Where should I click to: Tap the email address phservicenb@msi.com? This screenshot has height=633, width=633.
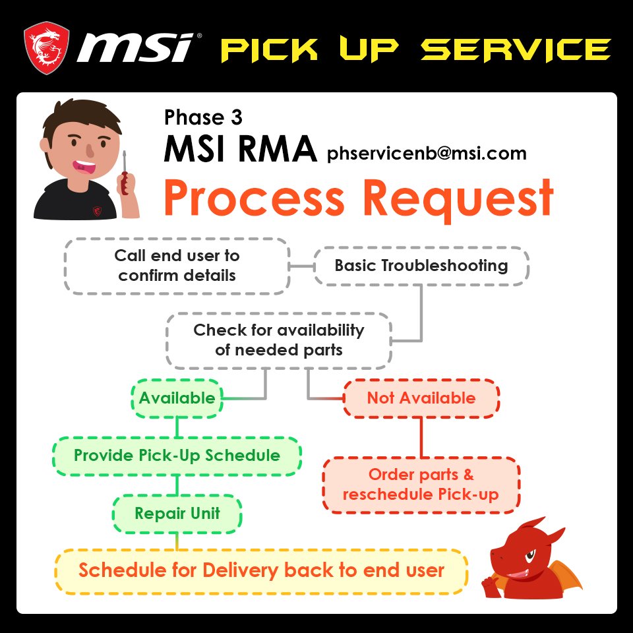click(x=427, y=154)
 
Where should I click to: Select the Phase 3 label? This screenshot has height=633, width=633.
click(x=203, y=117)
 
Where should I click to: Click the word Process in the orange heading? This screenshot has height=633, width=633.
click(x=255, y=197)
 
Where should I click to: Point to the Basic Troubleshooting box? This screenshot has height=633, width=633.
click(x=421, y=266)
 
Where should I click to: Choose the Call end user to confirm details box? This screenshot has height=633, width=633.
click(x=177, y=265)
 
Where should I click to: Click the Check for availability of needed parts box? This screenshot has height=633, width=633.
click(x=278, y=340)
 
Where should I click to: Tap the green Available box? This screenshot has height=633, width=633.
click(x=176, y=398)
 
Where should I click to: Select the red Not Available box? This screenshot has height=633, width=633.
click(x=421, y=398)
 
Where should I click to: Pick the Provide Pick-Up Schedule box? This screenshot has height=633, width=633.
click(x=177, y=455)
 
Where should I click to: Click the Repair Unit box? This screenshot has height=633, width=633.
click(x=177, y=513)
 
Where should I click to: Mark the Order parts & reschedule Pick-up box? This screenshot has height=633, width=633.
click(x=421, y=484)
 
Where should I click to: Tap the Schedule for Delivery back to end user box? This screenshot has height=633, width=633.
click(x=261, y=570)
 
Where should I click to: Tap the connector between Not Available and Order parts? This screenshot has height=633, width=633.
click(x=421, y=437)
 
